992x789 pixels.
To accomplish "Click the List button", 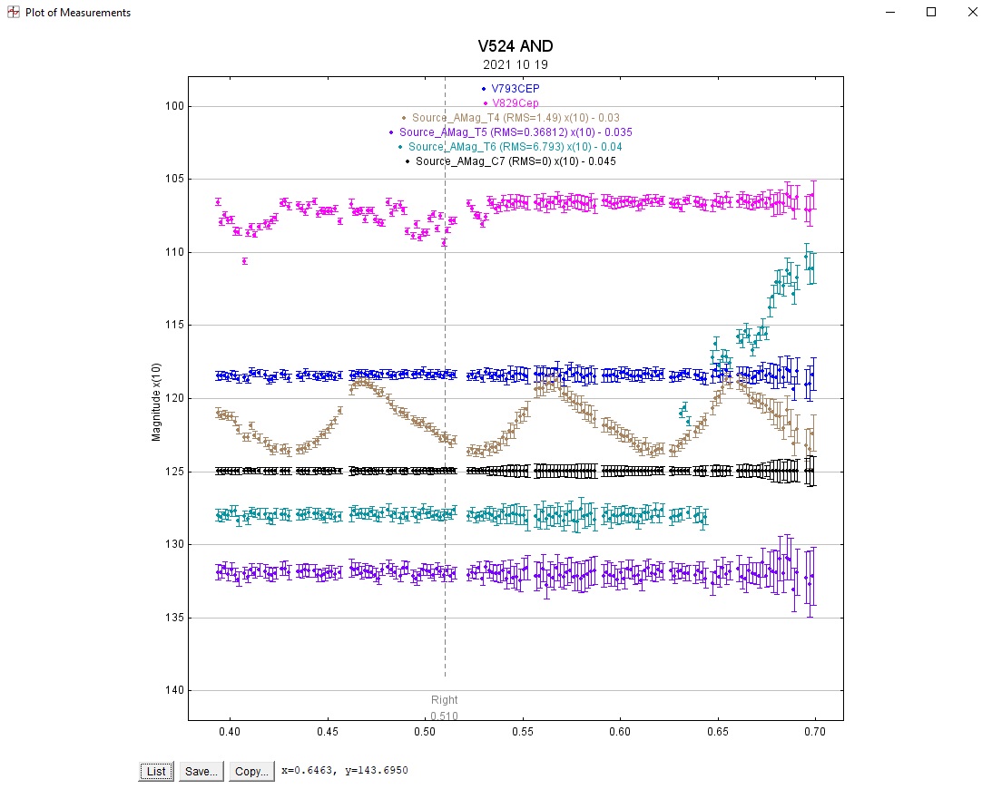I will tap(156, 771).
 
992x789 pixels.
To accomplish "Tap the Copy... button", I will tap(250, 771).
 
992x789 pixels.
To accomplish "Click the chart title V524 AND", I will tap(516, 47).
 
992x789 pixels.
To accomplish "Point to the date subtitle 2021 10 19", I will tap(516, 65).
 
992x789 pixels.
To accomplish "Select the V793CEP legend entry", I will tap(515, 89).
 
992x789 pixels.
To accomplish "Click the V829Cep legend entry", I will tap(515, 103).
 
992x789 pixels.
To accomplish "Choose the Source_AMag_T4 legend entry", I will tap(515, 118).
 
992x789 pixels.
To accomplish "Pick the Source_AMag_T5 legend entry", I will tap(515, 132).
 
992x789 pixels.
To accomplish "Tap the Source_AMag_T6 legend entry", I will tap(515, 147).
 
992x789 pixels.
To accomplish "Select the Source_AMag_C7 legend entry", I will tap(515, 161).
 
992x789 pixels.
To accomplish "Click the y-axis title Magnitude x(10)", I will tap(156, 402).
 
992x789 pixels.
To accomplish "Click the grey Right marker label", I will tap(445, 700).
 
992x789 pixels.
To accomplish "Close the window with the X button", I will tap(972, 12).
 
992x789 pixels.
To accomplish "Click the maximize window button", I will tap(930, 12).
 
